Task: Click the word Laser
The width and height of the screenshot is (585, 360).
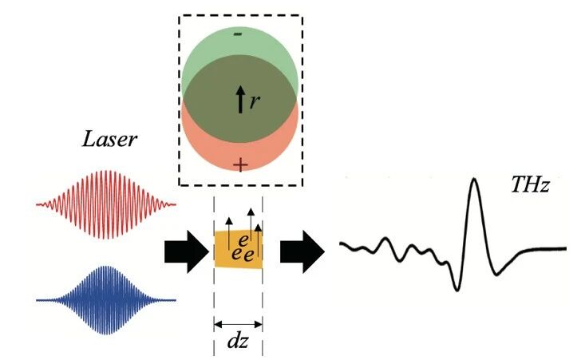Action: [109, 140]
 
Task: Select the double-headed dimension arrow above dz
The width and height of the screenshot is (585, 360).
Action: [238, 324]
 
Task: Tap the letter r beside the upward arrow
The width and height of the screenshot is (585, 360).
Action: [255, 101]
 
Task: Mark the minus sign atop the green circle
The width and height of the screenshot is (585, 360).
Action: [237, 35]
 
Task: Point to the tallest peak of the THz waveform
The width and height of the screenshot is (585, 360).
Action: [475, 181]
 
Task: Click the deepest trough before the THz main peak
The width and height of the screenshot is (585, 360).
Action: [457, 287]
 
